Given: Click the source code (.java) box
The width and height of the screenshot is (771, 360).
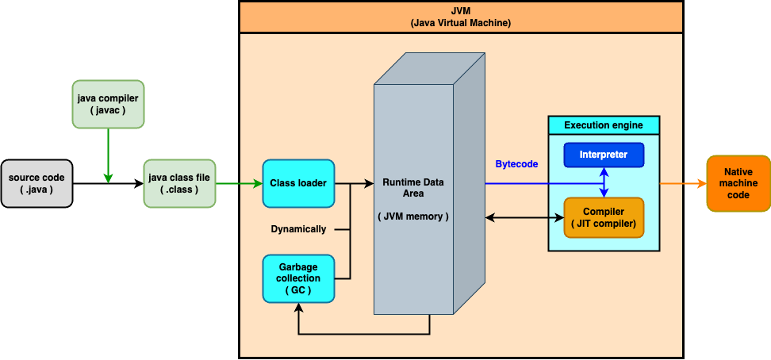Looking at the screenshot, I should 36,183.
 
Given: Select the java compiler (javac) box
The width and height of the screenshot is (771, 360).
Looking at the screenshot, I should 108,104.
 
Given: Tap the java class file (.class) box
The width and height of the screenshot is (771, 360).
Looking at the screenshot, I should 179,183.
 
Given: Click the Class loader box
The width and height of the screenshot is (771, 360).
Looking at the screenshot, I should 298,183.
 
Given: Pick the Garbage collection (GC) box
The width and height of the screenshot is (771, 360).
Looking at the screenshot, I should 298,278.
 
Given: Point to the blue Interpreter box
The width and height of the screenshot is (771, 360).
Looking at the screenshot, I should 604,155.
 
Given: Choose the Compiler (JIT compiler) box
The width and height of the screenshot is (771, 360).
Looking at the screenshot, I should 604,218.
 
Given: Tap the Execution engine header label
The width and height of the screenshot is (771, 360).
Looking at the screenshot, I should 604,125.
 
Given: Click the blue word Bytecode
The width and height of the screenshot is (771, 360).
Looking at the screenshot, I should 516,164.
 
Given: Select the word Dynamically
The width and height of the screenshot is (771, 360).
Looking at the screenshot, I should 298,229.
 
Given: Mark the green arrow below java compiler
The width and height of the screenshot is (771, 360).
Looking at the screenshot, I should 108,155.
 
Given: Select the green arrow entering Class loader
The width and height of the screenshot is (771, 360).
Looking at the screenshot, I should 238,183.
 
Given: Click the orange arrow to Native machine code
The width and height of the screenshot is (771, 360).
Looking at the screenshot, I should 683,183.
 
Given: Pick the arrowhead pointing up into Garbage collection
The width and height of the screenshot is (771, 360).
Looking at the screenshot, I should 298,308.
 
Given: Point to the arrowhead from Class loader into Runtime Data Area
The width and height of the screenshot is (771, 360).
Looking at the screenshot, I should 370,183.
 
